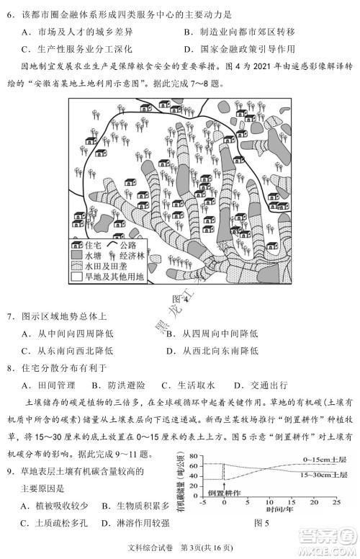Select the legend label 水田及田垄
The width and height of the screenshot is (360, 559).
pyautogui.click(x=105, y=265)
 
